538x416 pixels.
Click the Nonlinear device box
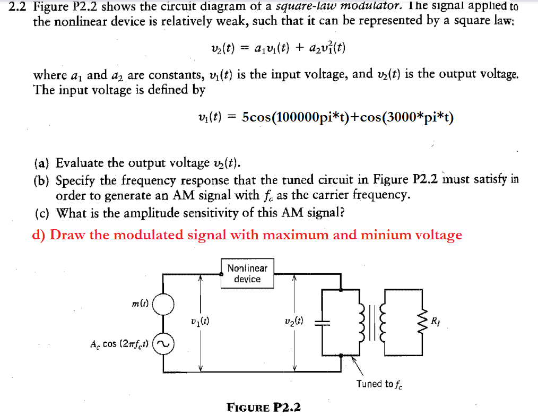click(x=247, y=274)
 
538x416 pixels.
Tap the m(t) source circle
click(x=164, y=304)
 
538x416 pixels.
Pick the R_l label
click(x=436, y=320)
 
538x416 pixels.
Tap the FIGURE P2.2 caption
click(x=263, y=408)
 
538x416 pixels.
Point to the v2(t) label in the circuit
click(x=293, y=322)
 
